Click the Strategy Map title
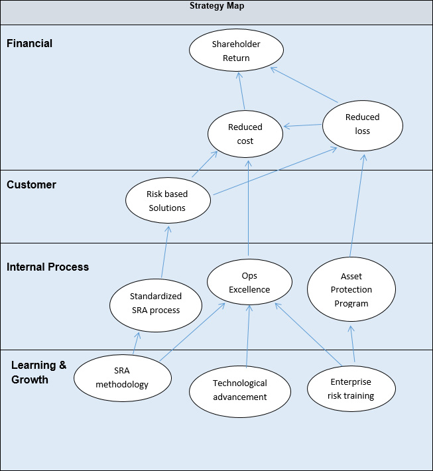(216, 6)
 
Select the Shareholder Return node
(236, 51)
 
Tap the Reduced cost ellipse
(245, 133)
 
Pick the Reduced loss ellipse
(362, 124)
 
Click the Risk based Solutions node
(167, 200)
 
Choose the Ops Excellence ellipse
(249, 282)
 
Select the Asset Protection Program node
(351, 290)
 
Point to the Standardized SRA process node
(155, 303)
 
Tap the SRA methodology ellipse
(122, 377)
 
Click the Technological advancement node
(239, 390)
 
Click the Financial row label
(29, 44)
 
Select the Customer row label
(31, 185)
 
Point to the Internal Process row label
(48, 267)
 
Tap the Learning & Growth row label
(38, 372)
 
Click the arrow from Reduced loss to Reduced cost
(303, 125)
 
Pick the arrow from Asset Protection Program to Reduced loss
(357, 206)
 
